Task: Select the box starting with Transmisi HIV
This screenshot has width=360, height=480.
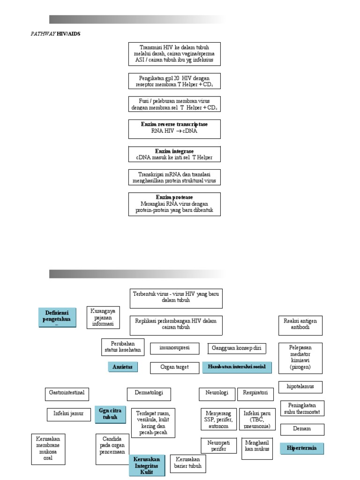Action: tap(174, 54)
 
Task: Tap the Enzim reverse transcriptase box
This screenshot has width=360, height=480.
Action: tap(174, 128)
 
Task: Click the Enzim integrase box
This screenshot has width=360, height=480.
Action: tap(174, 154)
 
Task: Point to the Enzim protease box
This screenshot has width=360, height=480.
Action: tap(174, 204)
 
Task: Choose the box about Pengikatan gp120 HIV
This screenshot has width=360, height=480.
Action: tap(174, 81)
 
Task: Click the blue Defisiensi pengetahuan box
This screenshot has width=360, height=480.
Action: tap(57, 317)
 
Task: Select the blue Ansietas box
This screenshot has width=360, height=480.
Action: tap(123, 367)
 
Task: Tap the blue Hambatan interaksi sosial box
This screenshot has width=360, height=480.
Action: tap(237, 367)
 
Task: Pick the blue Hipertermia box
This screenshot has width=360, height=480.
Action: tap(301, 448)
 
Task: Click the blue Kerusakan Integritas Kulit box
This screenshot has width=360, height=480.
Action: tap(147, 465)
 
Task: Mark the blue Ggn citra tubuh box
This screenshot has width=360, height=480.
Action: tap(110, 414)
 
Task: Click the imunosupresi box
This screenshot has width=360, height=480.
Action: tap(174, 348)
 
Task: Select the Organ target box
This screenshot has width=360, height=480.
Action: tap(174, 367)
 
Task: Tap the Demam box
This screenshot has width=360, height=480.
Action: tap(302, 429)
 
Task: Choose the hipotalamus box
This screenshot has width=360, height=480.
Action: tap(300, 387)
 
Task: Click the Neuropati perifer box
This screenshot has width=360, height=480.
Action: tap(218, 446)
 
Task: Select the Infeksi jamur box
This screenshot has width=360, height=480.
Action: tap(68, 414)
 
